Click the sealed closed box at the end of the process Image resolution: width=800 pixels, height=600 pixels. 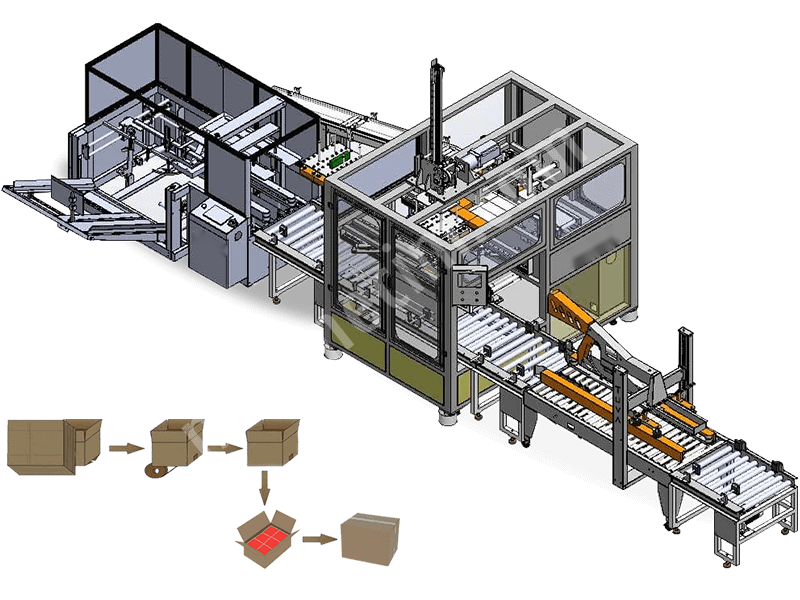pos(371,537)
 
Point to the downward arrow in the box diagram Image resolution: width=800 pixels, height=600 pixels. pos(264,488)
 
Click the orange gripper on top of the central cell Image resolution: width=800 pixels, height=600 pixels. pos(470,213)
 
